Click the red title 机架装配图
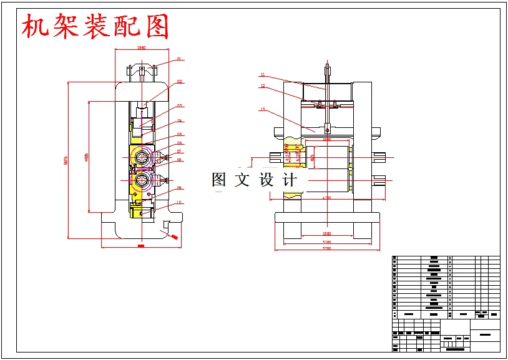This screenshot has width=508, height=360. (x=95, y=27)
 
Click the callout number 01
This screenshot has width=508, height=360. (x=179, y=59)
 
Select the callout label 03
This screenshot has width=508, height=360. (x=179, y=105)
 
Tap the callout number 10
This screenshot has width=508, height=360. (x=179, y=202)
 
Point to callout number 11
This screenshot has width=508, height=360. (x=263, y=74)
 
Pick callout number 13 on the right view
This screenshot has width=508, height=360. (x=263, y=110)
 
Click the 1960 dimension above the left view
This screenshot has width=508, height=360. (x=141, y=47)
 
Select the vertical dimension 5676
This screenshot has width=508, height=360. (x=66, y=160)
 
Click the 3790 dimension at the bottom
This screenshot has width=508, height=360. (x=326, y=249)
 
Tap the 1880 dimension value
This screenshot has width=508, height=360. (x=326, y=233)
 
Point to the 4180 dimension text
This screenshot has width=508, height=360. (x=326, y=198)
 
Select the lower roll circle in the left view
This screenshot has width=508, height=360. (x=142, y=182)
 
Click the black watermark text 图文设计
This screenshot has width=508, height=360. (x=255, y=180)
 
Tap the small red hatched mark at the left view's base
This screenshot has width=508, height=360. (x=174, y=237)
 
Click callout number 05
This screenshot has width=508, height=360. (x=179, y=134)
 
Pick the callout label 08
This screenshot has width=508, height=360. (x=179, y=160)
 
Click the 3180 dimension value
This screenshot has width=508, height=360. (x=326, y=241)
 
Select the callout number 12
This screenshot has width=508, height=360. (x=263, y=86)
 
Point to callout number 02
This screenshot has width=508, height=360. (x=179, y=81)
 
